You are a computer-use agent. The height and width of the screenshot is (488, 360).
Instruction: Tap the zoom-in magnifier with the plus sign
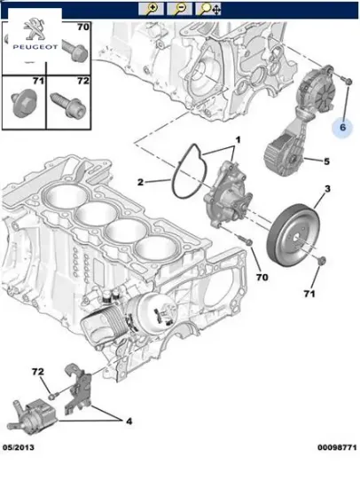(x=152, y=9)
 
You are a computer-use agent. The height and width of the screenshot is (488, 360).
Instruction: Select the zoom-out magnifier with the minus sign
(x=180, y=9)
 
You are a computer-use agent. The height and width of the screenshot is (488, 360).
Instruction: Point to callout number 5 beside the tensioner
(x=325, y=161)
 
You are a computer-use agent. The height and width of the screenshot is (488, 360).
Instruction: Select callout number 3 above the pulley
(x=326, y=191)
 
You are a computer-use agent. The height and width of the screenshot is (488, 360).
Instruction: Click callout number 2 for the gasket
(x=140, y=183)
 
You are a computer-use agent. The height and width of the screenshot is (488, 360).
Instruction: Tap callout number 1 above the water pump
(x=237, y=141)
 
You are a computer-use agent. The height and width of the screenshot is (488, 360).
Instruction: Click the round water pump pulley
(x=292, y=234)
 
